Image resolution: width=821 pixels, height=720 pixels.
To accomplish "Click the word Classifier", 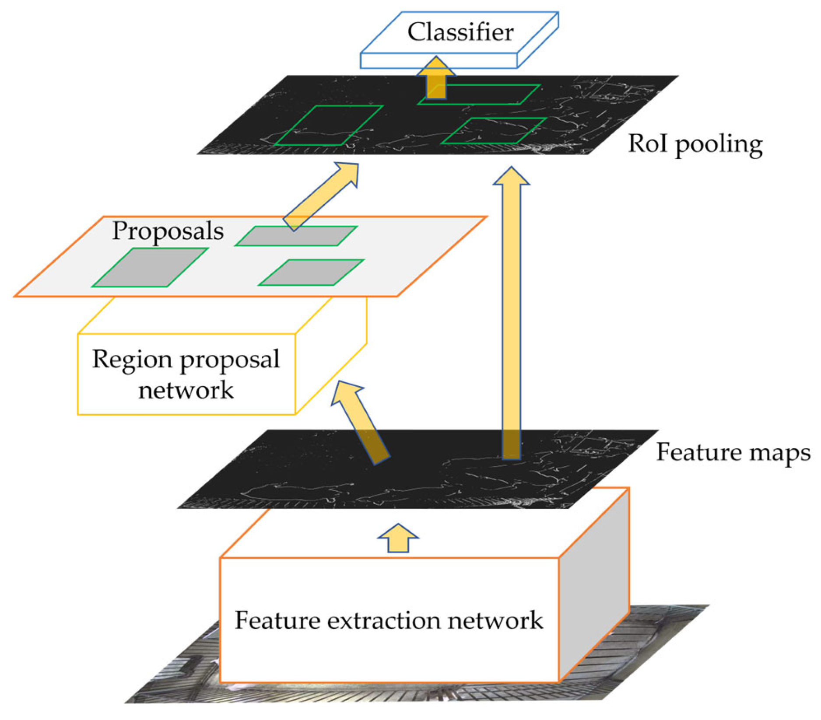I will (x=460, y=32).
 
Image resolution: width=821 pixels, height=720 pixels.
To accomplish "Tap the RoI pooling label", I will (x=695, y=144).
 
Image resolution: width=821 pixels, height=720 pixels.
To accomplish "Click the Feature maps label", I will (x=733, y=452).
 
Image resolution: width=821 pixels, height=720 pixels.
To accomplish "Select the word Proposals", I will (x=168, y=231).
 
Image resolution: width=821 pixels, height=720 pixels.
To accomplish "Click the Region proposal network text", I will (x=186, y=374).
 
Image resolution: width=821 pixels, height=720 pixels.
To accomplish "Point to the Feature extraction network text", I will (x=389, y=620).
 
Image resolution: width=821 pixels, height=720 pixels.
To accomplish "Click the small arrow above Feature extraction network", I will (x=398, y=538).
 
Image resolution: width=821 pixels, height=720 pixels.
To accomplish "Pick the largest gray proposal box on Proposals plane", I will (x=150, y=268).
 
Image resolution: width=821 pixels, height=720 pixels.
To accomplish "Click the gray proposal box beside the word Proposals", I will (x=297, y=236).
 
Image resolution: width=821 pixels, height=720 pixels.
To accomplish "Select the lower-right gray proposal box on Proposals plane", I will (x=312, y=273).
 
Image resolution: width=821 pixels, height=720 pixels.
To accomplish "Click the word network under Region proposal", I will (x=186, y=390).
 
